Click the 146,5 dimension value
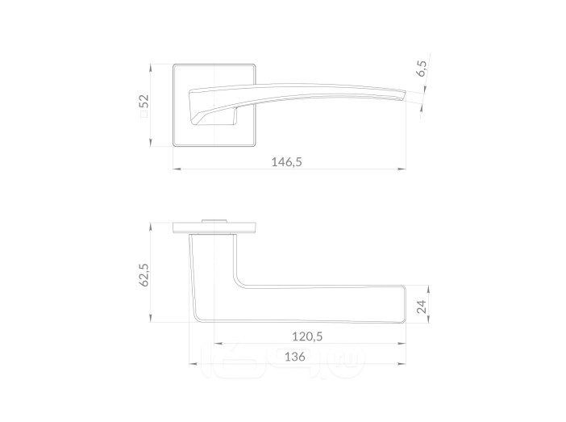(x=286, y=162)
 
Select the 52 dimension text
(x=144, y=101)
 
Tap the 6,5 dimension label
(x=421, y=69)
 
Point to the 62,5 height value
(x=144, y=275)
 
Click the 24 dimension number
(x=421, y=307)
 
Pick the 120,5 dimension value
(x=307, y=336)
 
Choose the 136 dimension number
(x=295, y=357)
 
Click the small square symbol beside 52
(x=144, y=115)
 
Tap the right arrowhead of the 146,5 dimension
(x=402, y=169)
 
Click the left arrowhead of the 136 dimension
(x=194, y=364)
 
